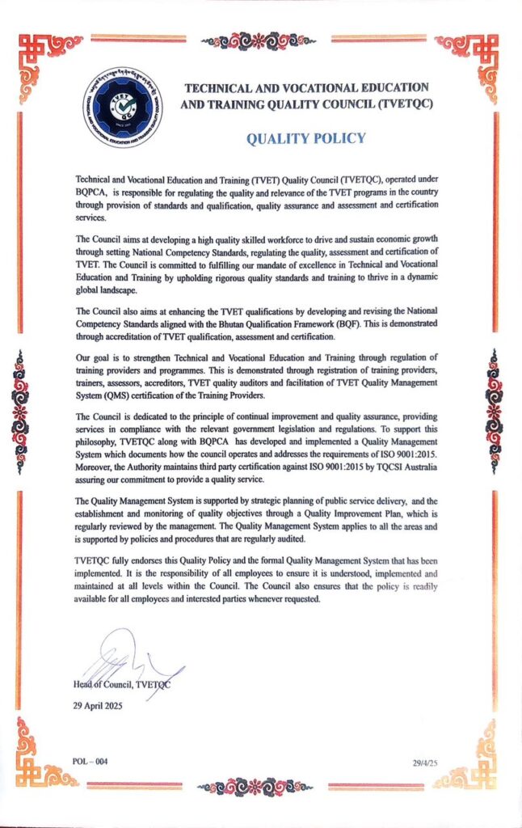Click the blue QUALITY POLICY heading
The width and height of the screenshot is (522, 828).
click(306, 138)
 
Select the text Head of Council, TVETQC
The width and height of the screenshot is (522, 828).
click(122, 685)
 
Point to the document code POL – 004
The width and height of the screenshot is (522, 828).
click(89, 762)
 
